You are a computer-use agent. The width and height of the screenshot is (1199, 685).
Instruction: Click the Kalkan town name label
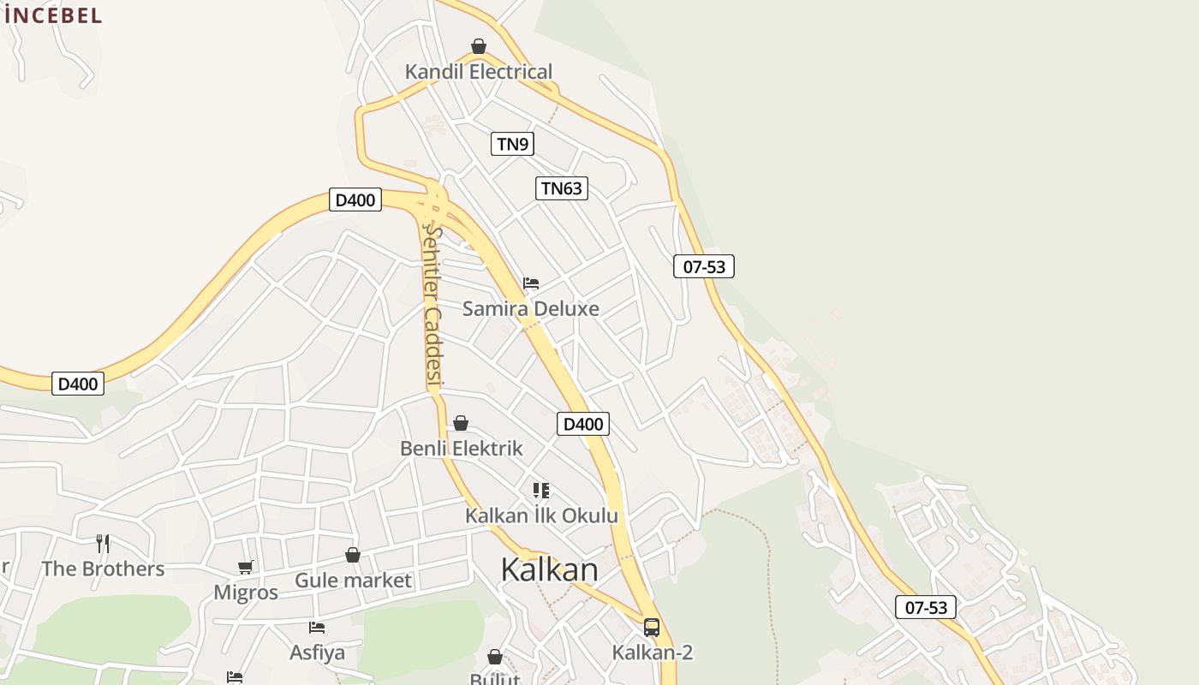click(549, 569)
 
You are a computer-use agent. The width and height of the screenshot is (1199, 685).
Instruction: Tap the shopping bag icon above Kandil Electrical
click(479, 45)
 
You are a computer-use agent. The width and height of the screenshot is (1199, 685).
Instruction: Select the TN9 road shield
click(512, 144)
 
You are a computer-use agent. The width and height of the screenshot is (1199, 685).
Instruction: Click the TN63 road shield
click(562, 188)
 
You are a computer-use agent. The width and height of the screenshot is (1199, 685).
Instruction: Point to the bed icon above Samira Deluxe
click(531, 283)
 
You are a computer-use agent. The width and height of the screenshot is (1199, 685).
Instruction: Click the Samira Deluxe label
click(531, 308)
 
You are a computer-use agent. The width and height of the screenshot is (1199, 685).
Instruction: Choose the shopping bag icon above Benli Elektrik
click(461, 423)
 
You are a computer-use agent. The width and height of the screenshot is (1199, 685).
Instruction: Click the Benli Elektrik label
click(461, 448)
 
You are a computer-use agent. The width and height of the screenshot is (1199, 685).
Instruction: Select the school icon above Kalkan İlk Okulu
click(540, 491)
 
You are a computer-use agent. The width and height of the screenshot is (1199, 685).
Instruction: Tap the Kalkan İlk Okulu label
click(541, 515)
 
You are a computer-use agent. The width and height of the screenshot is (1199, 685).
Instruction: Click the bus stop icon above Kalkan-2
click(652, 628)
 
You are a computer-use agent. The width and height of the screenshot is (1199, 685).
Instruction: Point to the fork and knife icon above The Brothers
click(103, 543)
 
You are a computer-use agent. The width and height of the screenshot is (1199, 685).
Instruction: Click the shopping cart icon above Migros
click(246, 567)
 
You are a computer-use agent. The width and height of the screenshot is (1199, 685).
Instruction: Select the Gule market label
click(353, 581)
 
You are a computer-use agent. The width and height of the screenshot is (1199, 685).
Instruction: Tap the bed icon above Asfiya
click(317, 628)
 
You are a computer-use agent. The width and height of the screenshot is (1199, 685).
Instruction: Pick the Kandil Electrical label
click(479, 72)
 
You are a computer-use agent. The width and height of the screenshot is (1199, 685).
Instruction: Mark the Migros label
click(246, 593)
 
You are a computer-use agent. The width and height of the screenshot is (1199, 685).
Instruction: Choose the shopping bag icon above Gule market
click(353, 555)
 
